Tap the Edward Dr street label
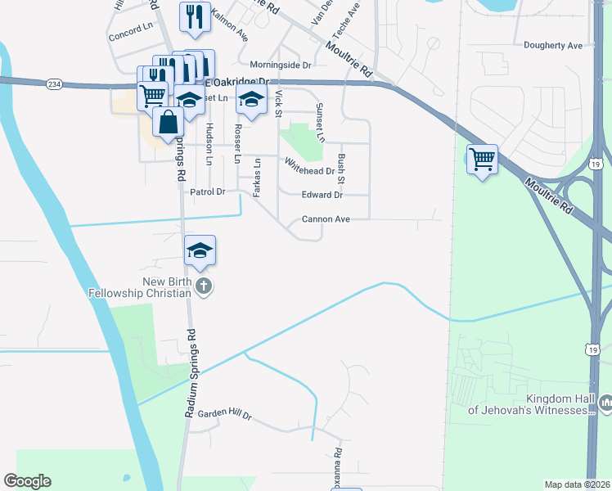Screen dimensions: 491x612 point(322,195)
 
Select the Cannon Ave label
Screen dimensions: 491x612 point(326,219)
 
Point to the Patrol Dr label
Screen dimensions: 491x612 point(207,191)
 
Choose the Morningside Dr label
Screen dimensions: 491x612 point(281,65)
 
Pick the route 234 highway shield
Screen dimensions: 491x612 point(54,83)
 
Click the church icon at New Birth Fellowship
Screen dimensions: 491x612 point(205,287)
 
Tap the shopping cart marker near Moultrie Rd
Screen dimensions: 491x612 point(482,158)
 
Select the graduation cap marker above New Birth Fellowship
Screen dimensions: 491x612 point(200,250)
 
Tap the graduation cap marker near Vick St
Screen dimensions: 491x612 point(251,101)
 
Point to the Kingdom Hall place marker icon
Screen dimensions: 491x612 point(605,403)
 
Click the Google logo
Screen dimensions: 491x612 point(27,481)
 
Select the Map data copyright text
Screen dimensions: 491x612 point(576,484)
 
